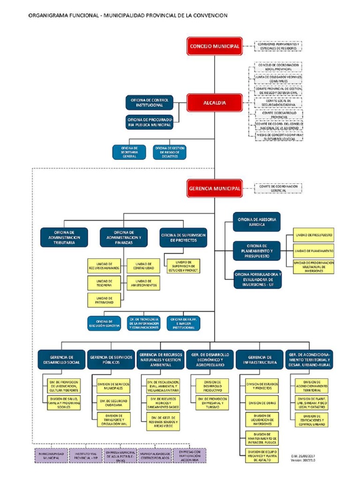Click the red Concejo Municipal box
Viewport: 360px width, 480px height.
tap(215, 46)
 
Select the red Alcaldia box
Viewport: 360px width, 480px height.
tap(215, 103)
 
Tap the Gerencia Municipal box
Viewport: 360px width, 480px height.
tap(215, 188)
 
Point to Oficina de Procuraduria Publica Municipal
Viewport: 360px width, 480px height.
tap(149, 122)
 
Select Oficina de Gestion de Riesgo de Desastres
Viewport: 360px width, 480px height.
tap(170, 152)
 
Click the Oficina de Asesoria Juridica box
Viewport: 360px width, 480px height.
tap(257, 222)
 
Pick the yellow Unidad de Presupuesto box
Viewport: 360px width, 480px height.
tap(314, 234)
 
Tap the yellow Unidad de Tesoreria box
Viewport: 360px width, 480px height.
tap(104, 282)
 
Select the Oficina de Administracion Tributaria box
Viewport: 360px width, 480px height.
tap(64, 237)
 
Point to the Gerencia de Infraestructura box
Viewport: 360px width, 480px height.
tap(259, 359)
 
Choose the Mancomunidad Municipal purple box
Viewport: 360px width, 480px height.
tap(52, 456)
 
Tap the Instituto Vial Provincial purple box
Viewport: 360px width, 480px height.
tap(86, 456)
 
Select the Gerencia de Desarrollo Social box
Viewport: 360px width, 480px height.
tap(61, 359)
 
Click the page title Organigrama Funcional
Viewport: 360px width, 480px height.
tap(128, 15)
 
